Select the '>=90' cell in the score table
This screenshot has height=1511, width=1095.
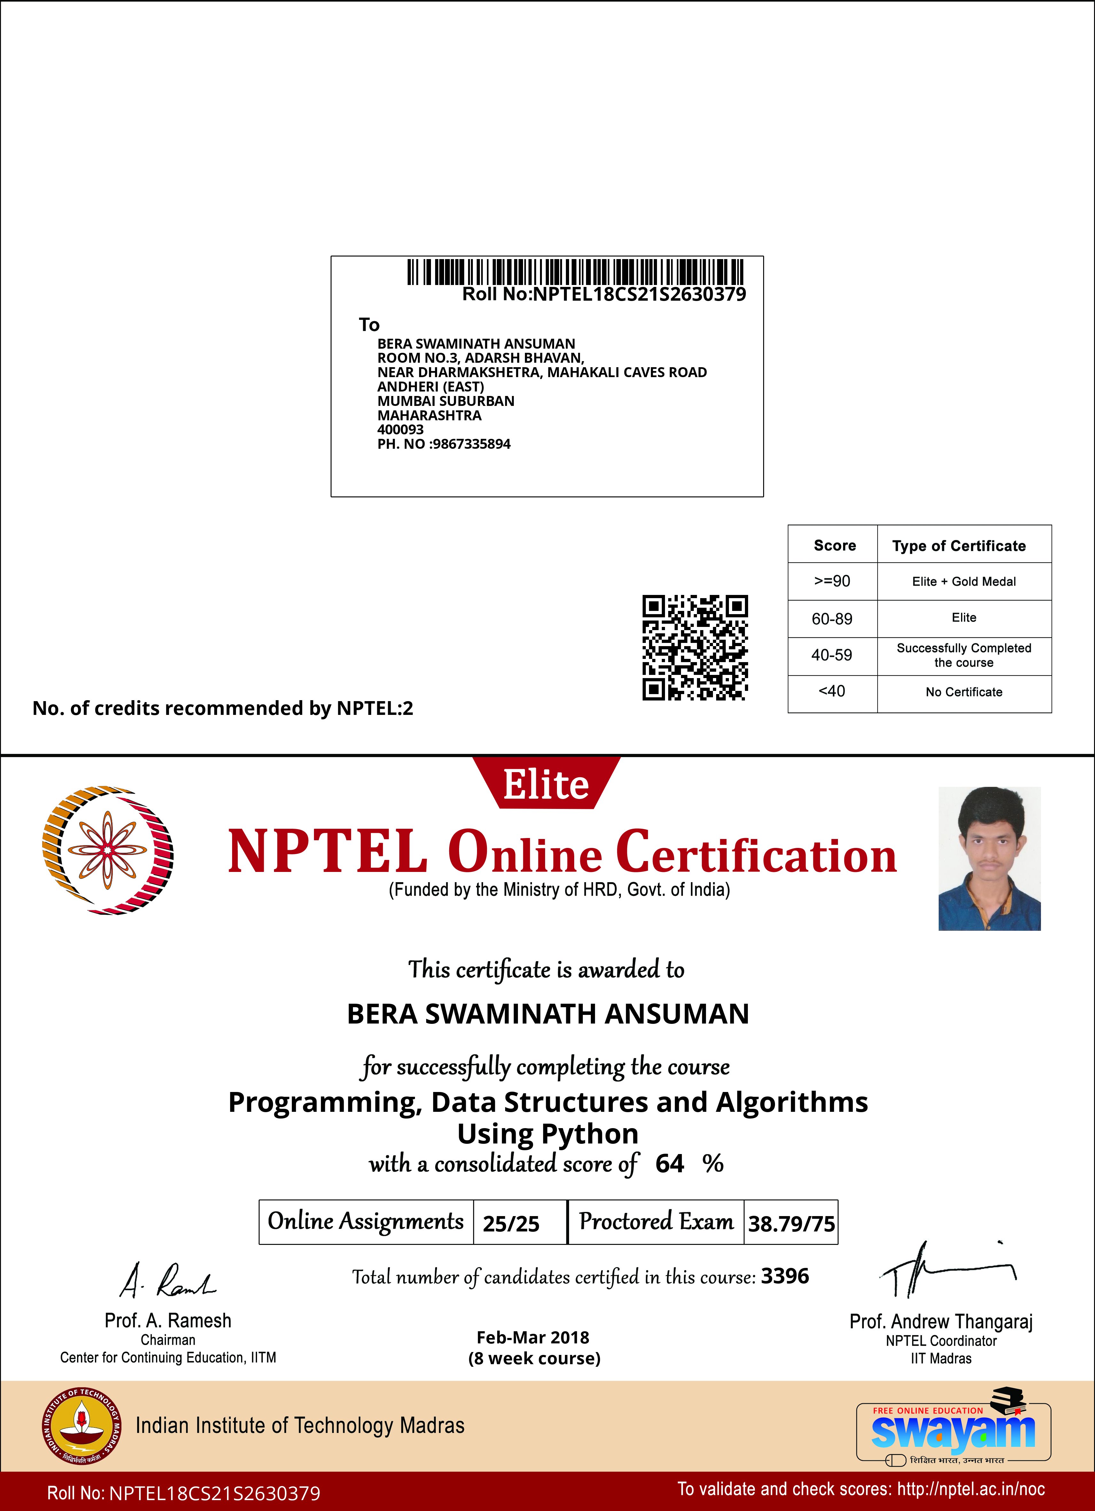(832, 581)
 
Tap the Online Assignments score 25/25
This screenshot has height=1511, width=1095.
(511, 1223)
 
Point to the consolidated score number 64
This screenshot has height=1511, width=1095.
(669, 1163)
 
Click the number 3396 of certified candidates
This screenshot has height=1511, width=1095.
(785, 1276)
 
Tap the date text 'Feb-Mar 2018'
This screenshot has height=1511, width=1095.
(533, 1337)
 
